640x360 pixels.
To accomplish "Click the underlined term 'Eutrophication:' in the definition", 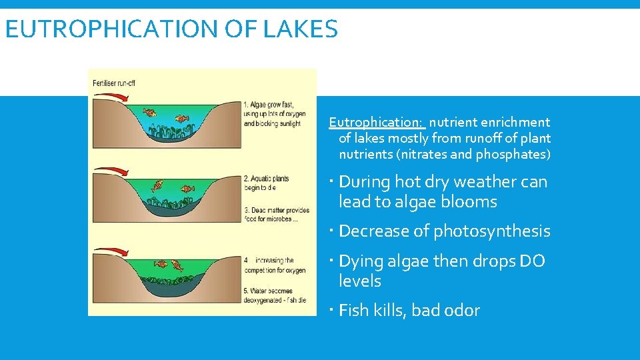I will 376,122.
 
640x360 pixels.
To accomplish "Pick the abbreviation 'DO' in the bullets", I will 531,261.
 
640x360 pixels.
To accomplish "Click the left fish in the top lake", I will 151,113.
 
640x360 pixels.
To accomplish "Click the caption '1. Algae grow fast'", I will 269,104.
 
